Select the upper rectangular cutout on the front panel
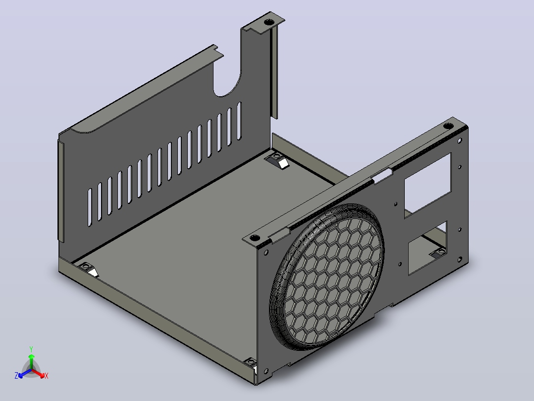point(428,185)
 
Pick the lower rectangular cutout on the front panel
point(428,249)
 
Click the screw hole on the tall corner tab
point(269,22)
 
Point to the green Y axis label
point(31,349)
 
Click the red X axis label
point(47,376)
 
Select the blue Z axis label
point(16,375)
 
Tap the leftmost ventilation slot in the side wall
point(90,207)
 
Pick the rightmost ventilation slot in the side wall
point(239,121)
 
